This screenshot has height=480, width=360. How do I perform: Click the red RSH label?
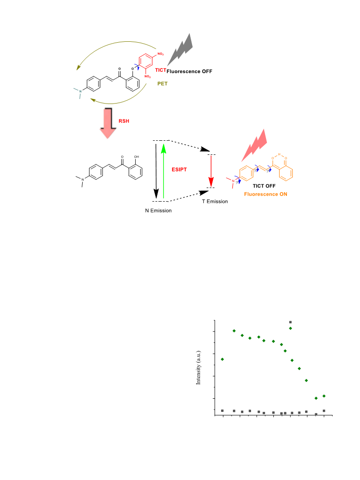click(124, 121)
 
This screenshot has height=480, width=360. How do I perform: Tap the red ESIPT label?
click(179, 169)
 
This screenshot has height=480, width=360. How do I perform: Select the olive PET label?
click(163, 84)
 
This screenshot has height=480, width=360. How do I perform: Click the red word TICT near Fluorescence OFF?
click(161, 70)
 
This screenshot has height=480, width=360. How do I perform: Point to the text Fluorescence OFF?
click(189, 71)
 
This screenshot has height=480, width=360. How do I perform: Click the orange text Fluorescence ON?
click(266, 194)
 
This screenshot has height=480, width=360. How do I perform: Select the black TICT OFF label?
click(264, 186)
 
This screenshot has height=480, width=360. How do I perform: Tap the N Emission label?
click(158, 211)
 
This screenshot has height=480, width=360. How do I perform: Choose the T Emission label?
click(215, 202)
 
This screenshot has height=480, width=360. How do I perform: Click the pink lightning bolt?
click(255, 145)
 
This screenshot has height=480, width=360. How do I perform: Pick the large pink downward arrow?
click(108, 123)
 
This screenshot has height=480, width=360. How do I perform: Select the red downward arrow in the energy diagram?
click(211, 171)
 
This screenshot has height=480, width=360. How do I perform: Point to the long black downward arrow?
click(156, 171)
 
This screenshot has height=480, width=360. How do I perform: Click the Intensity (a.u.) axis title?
click(198, 368)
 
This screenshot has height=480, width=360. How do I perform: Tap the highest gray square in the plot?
click(291, 322)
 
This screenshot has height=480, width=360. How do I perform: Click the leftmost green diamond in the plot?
click(222, 359)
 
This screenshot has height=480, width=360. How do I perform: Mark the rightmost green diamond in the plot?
click(324, 396)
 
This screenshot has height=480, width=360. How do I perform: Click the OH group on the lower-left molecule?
click(137, 157)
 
